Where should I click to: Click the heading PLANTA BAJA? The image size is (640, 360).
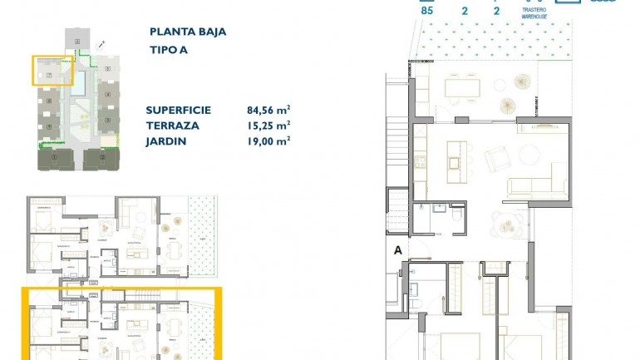tap(187, 32)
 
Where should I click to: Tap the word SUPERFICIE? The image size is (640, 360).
tap(178, 110)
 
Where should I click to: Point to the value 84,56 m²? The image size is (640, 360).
tap(268, 110)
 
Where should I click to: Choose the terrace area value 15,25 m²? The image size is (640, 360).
tap(268, 126)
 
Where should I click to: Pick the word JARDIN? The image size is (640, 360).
tap(165, 141)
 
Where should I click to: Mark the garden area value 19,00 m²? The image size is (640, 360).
tap(268, 141)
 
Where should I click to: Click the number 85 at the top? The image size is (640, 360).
tap(428, 12)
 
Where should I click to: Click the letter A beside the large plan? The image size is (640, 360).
tap(397, 249)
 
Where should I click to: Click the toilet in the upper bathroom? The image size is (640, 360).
tap(457, 215)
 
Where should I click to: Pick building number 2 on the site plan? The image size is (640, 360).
tap(102, 156)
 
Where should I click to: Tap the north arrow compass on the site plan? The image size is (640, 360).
tap(101, 43)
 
